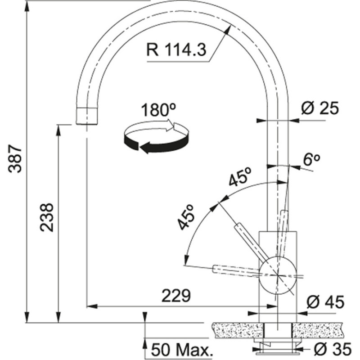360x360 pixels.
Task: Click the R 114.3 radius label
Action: click(x=175, y=49)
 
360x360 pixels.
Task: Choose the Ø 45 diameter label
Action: click(x=325, y=302)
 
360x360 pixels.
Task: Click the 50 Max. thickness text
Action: click(x=181, y=350)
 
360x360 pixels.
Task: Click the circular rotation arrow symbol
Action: click(x=155, y=137)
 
